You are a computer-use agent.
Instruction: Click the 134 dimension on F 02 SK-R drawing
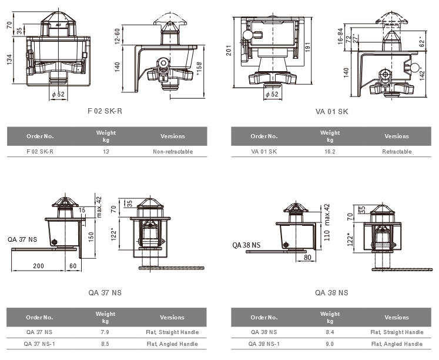click(x=9, y=59)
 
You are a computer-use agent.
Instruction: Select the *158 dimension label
click(x=199, y=69)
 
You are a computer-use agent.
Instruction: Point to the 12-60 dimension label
click(x=118, y=36)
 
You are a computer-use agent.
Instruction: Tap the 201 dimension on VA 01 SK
click(x=229, y=51)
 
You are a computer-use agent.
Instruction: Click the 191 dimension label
click(x=307, y=47)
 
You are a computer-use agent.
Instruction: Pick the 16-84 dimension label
click(x=340, y=36)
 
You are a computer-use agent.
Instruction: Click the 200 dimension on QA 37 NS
click(x=38, y=266)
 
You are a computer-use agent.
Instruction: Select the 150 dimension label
click(x=91, y=236)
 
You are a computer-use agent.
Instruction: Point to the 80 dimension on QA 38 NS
click(x=307, y=258)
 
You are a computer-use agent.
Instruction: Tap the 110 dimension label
click(x=327, y=236)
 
